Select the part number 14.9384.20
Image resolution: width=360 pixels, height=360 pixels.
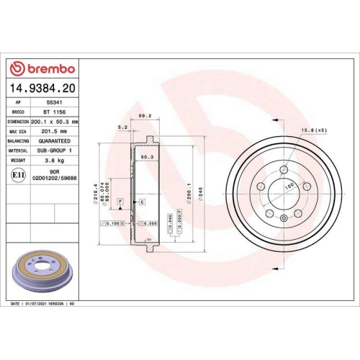[x=42, y=89]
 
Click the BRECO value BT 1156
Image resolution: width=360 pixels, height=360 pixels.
[x=54, y=113]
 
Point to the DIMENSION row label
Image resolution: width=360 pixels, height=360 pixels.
[x=18, y=122]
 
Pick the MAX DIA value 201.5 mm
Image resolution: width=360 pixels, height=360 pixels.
[x=54, y=132]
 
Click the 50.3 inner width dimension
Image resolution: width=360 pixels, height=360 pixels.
[x=146, y=156]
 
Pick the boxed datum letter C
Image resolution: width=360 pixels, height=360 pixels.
[x=143, y=202]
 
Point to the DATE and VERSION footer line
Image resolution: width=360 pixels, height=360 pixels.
[x=45, y=305]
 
